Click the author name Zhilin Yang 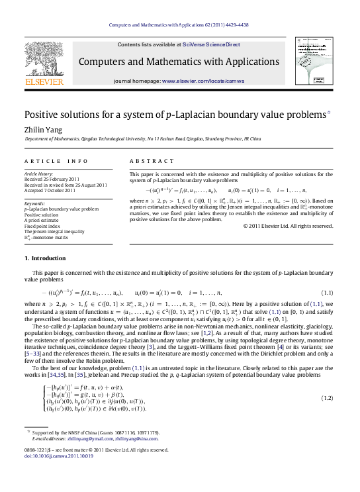pos(41,130)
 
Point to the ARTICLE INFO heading pos(56,161)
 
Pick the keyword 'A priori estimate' pos(44,221)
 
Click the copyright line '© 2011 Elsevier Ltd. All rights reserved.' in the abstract pos(287,226)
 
